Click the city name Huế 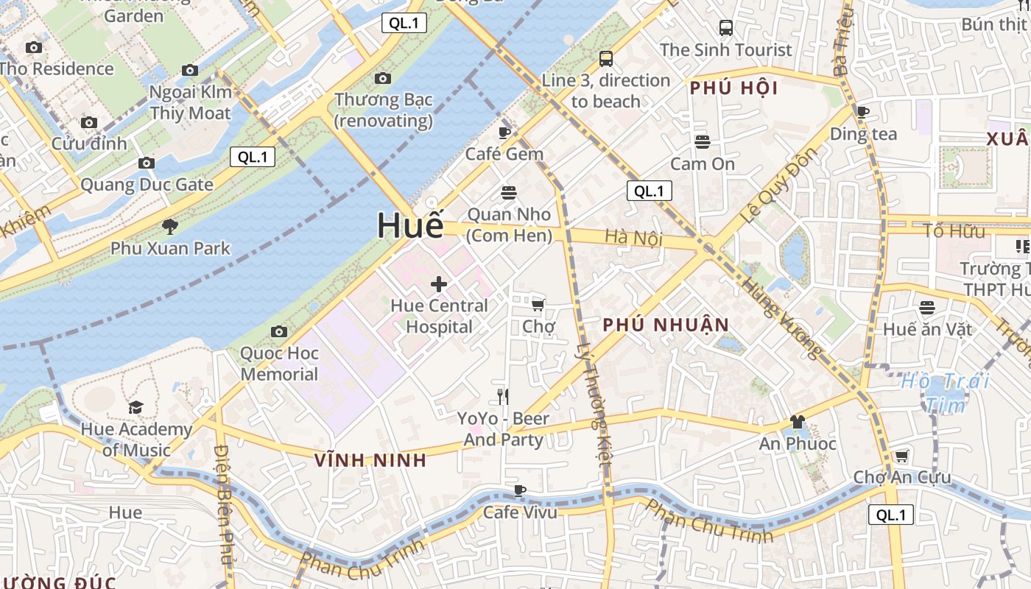[410, 226]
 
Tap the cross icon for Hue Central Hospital [439, 284]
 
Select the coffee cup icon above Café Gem [504, 133]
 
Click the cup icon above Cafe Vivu [520, 490]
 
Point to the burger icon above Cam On [703, 141]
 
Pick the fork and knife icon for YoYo [503, 397]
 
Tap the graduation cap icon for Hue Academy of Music [136, 407]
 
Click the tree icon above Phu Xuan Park [170, 226]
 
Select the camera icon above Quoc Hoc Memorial [279, 331]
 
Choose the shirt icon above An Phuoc [798, 422]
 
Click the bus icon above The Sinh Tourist [726, 28]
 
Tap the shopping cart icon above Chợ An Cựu [901, 456]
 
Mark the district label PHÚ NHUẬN [666, 325]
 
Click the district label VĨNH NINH [370, 460]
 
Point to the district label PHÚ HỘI [733, 88]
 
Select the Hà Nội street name [634, 238]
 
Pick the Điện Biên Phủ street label [223, 508]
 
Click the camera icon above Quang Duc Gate [147, 163]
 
